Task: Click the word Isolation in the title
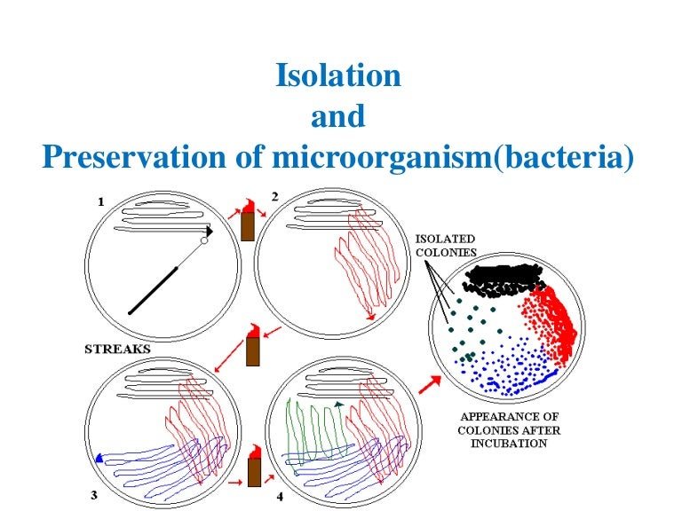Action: click(338, 75)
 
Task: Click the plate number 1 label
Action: click(101, 202)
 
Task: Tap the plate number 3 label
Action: click(95, 494)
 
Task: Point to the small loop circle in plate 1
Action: click(204, 240)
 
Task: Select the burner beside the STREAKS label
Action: click(252, 347)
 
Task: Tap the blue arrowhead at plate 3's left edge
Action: click(99, 458)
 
